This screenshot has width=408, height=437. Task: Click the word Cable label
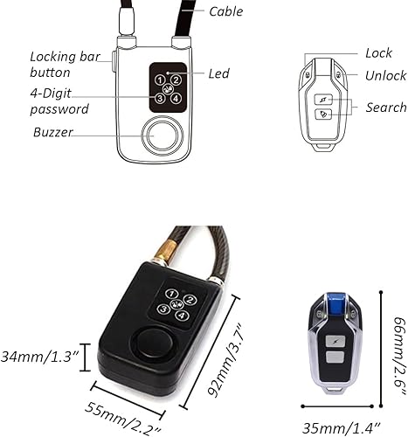coord(226,11)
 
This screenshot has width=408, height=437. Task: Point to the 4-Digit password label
coord(60,101)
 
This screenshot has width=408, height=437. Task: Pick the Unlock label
coord(385,76)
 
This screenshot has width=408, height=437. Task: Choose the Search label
coord(386,108)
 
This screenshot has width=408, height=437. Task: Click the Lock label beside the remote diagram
coord(378,53)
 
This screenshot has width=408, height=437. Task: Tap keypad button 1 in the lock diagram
coord(161,80)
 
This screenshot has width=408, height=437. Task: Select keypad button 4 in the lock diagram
coord(176,97)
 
